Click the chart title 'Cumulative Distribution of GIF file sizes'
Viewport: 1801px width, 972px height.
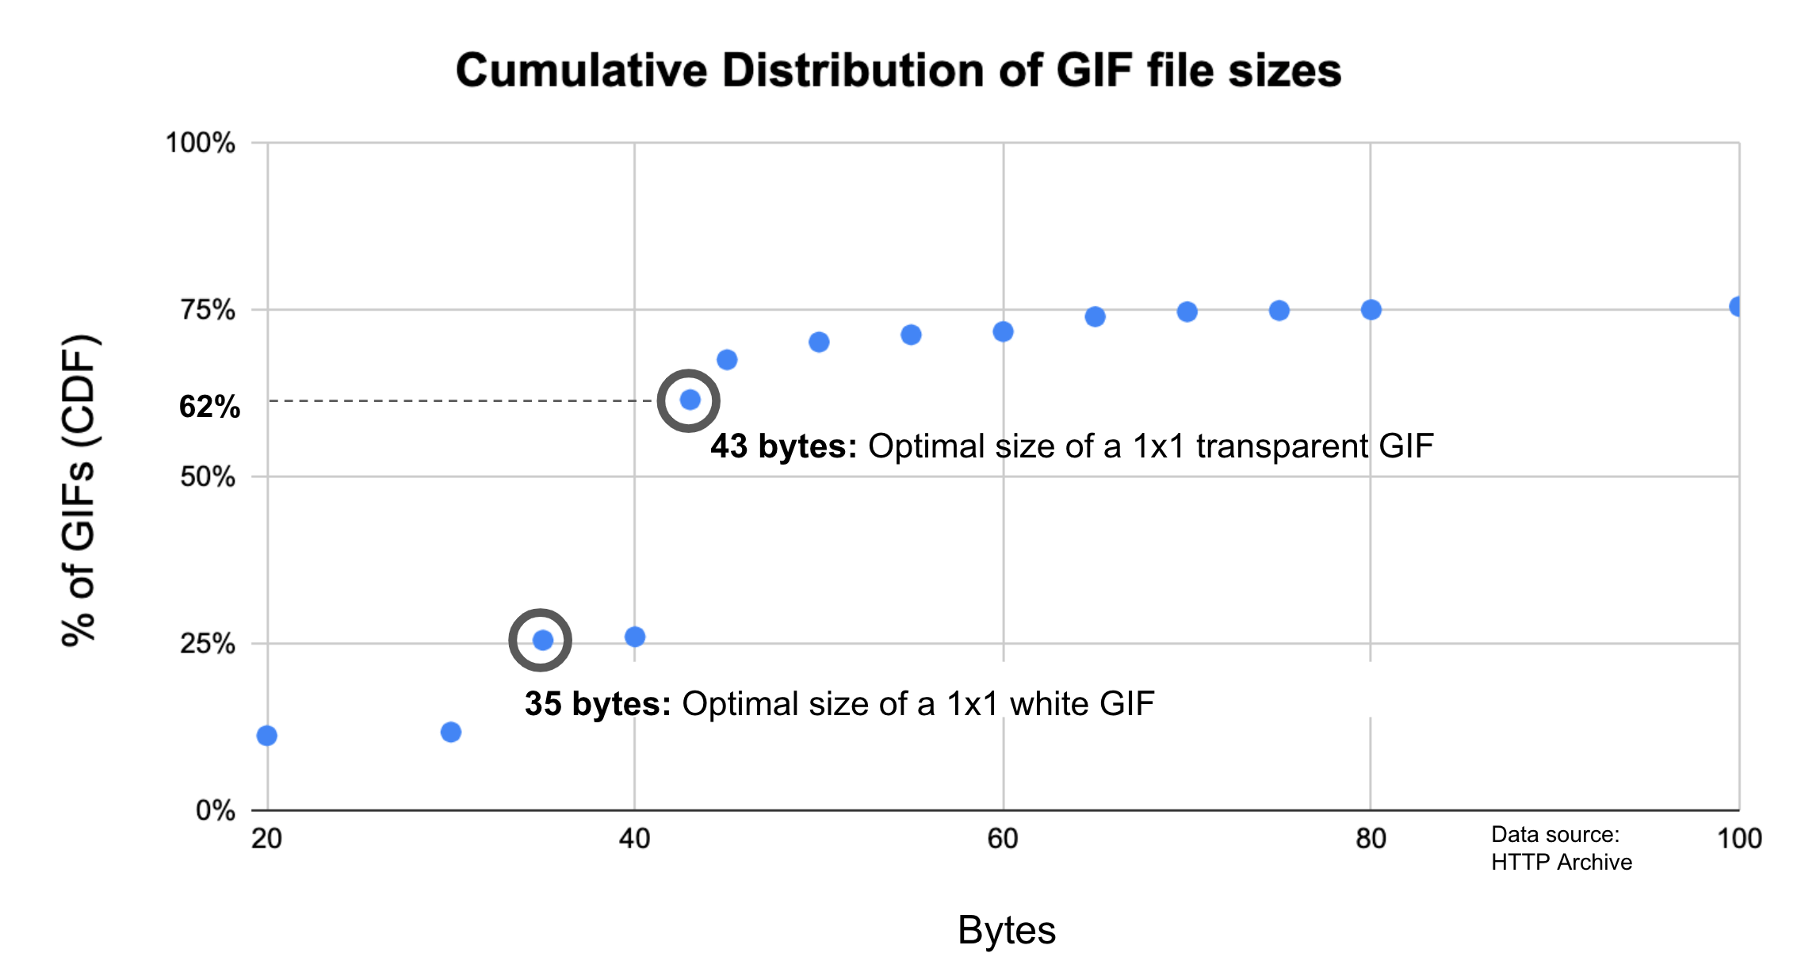click(898, 71)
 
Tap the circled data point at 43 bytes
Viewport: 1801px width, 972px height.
click(690, 400)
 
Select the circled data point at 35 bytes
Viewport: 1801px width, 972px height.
click(542, 640)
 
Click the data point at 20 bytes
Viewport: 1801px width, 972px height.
click(267, 736)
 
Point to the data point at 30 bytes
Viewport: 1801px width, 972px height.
click(451, 732)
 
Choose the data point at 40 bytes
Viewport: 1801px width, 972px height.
click(635, 637)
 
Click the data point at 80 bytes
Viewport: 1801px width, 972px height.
click(1371, 310)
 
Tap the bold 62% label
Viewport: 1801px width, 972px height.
click(209, 407)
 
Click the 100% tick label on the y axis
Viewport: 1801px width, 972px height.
click(200, 144)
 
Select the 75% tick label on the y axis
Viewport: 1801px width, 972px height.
click(208, 310)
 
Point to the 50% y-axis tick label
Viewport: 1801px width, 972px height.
click(208, 477)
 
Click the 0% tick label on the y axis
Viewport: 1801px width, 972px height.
click(215, 811)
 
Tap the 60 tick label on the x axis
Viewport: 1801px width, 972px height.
click(1003, 839)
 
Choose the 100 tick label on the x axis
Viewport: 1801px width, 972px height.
click(1739, 839)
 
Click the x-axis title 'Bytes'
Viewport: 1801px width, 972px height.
click(1007, 930)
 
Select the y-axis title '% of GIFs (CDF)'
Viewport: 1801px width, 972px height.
click(79, 490)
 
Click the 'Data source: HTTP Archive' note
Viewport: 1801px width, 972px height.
click(1561, 848)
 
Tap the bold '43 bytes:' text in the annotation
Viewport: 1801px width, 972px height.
click(783, 446)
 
